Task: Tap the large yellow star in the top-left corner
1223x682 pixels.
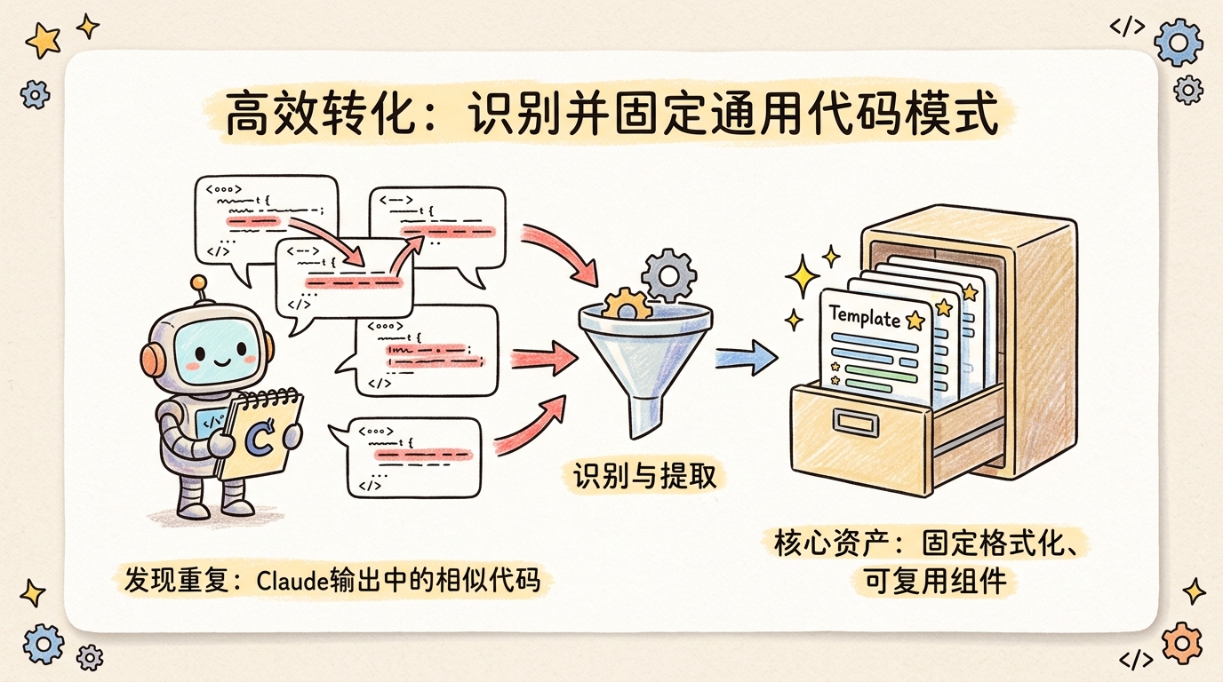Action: point(43,39)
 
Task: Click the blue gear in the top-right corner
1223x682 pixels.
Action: point(1178,41)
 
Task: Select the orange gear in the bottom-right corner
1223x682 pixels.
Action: point(1181,640)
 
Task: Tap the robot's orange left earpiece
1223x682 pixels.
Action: point(152,358)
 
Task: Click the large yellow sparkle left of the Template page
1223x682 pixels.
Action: point(803,278)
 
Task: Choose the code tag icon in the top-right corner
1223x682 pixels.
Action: point(1127,27)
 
